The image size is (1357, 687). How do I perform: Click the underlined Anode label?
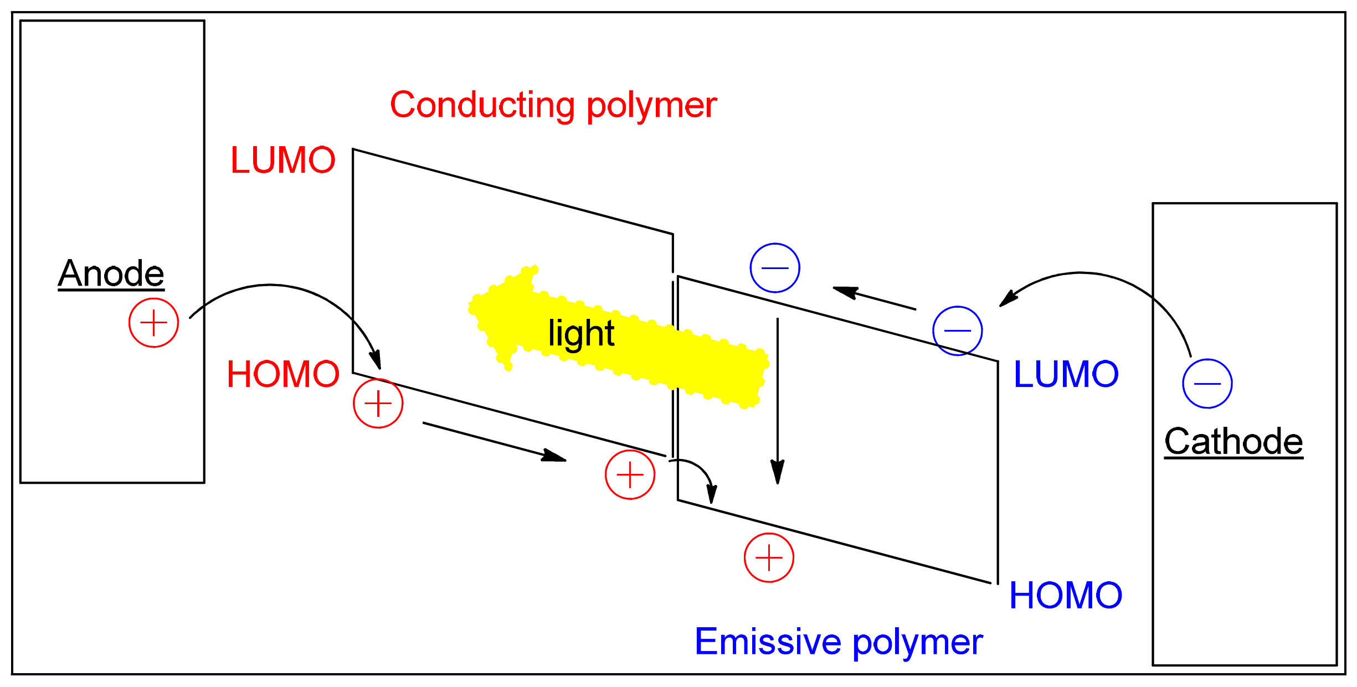(x=111, y=273)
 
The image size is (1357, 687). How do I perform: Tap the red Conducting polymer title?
(x=553, y=105)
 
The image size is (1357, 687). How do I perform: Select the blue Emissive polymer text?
(x=839, y=642)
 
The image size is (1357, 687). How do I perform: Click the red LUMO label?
(x=283, y=160)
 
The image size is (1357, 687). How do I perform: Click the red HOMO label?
(x=283, y=374)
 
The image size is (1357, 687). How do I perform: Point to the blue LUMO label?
(x=1066, y=374)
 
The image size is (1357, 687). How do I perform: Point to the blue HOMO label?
(x=1066, y=596)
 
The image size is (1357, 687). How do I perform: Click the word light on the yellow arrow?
(x=581, y=333)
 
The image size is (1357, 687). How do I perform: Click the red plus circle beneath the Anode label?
(x=153, y=323)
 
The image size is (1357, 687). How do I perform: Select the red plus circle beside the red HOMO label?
(x=378, y=404)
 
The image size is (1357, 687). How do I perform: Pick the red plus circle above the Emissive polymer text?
(x=769, y=557)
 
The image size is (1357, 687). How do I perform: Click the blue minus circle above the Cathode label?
(x=1207, y=384)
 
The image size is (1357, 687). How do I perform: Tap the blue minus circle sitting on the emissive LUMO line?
(x=958, y=330)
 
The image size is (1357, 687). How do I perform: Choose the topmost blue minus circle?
(x=775, y=268)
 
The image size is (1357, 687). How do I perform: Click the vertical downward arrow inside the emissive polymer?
(x=778, y=399)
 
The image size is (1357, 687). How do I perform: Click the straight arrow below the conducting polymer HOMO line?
(x=493, y=441)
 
